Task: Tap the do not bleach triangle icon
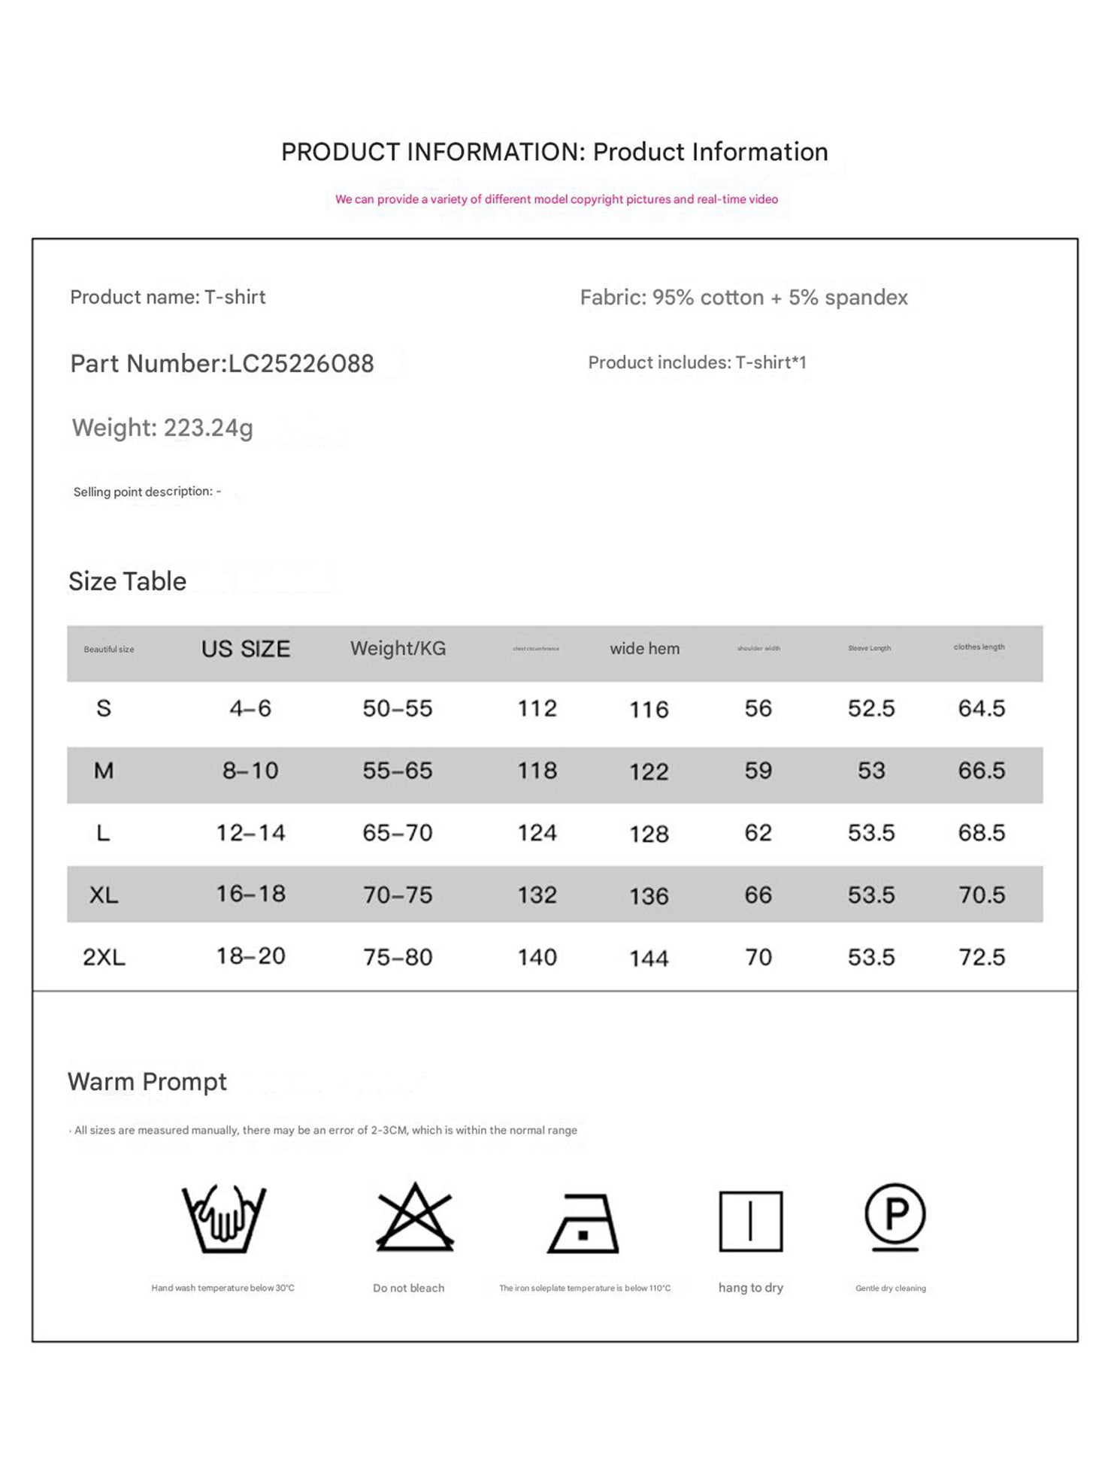pos(415,1218)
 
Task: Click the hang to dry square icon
pos(750,1221)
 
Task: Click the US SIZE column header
pos(246,649)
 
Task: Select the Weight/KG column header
pos(398,648)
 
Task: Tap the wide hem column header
pos(644,648)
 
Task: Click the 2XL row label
pos(104,957)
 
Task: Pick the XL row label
pos(104,895)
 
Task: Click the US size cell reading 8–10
pos(250,771)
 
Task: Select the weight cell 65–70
pos(398,833)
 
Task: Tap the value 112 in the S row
pos(537,708)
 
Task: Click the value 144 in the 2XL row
pos(649,959)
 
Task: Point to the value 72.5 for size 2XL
pos(982,957)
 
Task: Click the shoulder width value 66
pos(758,895)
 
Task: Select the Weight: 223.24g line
pos(162,428)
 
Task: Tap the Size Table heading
pos(127,581)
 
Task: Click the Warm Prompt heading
pos(147,1082)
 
